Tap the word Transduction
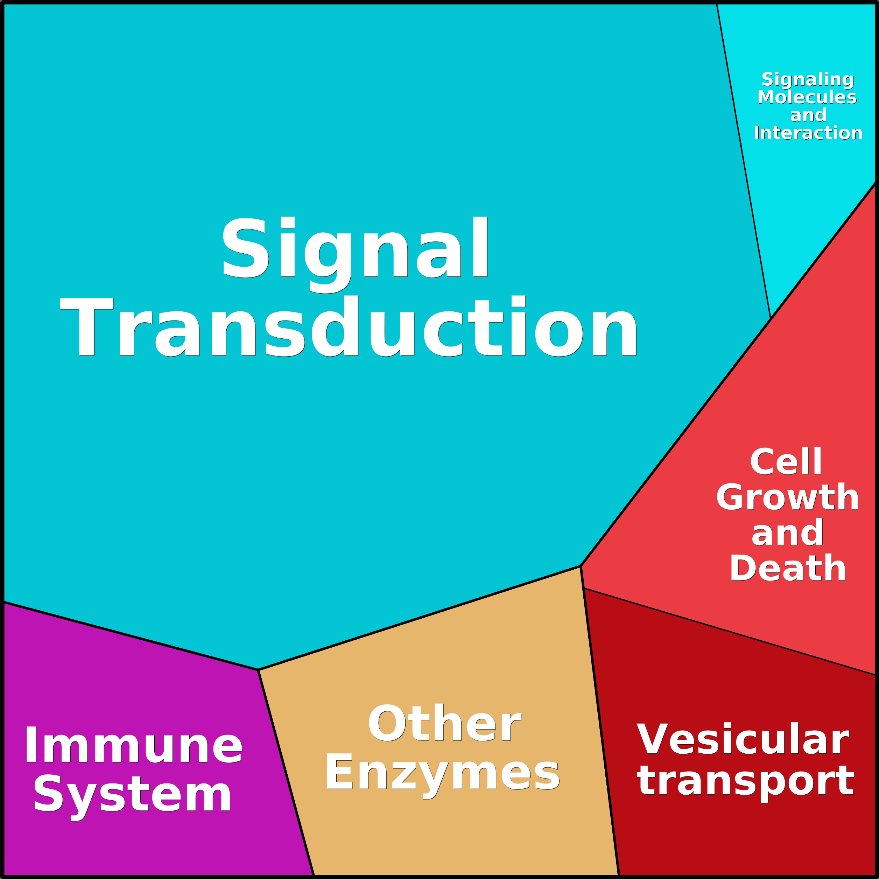pyautogui.click(x=349, y=326)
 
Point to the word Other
pyautogui.click(x=444, y=723)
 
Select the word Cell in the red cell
pyautogui.click(x=786, y=462)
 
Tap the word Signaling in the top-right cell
pyautogui.click(x=808, y=80)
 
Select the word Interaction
pyautogui.click(x=808, y=133)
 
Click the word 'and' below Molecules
pyautogui.click(x=808, y=115)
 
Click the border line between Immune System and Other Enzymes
pyautogui.click(x=286, y=773)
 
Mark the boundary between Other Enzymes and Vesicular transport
pyautogui.click(x=600, y=722)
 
